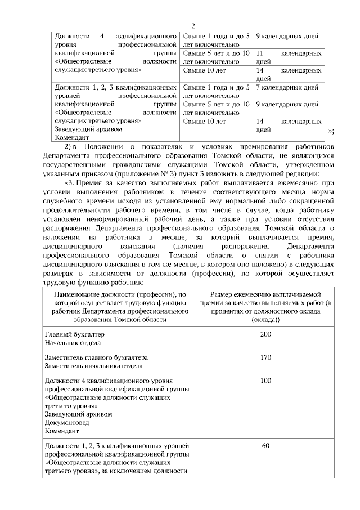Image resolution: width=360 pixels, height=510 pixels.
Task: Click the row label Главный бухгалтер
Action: click(74, 334)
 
